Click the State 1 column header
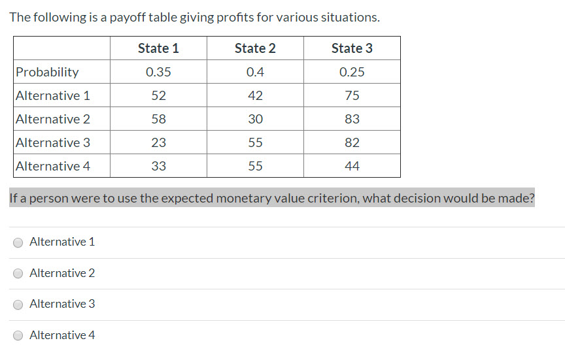158,48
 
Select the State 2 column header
255,48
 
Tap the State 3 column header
352,48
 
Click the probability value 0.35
158,72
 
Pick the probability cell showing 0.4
255,72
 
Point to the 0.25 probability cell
352,72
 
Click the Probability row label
47,72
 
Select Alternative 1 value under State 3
352,95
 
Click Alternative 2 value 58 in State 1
158,119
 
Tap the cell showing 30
255,119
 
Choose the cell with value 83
352,119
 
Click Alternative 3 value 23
158,142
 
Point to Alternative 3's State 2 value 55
255,142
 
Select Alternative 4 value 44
352,166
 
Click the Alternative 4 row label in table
53,166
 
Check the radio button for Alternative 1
19,242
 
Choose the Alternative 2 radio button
19,274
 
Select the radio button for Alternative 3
19,304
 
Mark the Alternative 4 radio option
19,336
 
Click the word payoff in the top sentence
128,18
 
